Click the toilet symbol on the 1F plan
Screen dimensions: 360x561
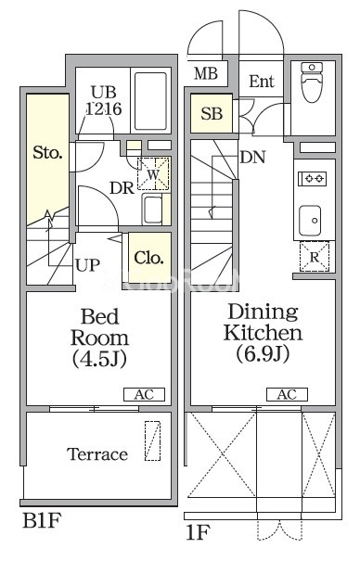[312, 82]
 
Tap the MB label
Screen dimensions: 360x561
[206, 73]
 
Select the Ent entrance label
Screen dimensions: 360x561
[262, 82]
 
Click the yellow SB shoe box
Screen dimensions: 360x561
[212, 113]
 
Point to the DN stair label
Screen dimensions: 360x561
[252, 157]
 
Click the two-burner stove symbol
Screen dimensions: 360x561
[313, 179]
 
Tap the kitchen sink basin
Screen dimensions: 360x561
[310, 221]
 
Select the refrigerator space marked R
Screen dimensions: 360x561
[315, 257]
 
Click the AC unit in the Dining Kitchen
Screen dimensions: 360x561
[287, 395]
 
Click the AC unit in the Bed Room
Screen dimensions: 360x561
[144, 395]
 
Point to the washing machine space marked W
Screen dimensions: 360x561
[153, 174]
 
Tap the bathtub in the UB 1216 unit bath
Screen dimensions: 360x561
[150, 101]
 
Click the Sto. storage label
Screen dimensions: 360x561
[47, 153]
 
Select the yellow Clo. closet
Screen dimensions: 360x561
[149, 258]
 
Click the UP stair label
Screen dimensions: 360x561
[87, 265]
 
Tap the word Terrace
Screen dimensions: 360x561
[97, 454]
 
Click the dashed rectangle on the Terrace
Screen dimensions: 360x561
[152, 440]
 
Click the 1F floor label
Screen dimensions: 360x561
[198, 532]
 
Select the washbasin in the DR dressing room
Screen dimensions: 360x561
[152, 210]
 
